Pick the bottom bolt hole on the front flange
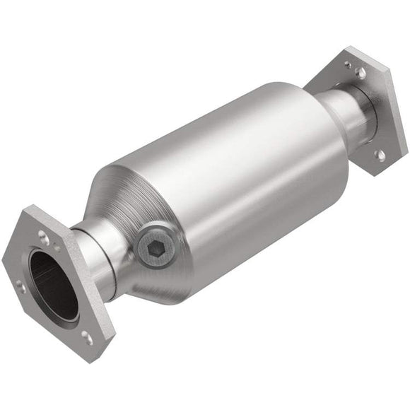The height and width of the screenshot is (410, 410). click(87, 338)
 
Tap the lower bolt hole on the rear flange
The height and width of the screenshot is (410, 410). click(380, 154)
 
